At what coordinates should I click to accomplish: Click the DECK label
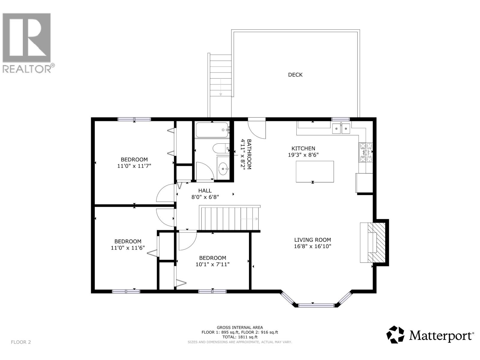(295, 75)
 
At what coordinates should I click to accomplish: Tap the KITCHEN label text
(303, 148)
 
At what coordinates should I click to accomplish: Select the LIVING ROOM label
(312, 240)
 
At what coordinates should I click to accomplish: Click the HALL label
(205, 190)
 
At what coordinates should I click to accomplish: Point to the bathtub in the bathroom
(212, 130)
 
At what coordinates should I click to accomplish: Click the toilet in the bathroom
(221, 148)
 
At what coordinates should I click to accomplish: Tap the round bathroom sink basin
(223, 169)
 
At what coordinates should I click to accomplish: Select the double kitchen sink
(341, 128)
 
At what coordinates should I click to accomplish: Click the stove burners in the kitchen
(366, 152)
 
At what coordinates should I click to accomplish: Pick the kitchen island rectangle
(315, 172)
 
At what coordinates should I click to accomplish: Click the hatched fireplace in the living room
(376, 243)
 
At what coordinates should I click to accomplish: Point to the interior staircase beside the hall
(229, 218)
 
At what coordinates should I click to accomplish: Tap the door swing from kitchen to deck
(257, 129)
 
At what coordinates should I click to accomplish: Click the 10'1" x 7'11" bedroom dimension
(212, 265)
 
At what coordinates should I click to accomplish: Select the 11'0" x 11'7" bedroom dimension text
(134, 166)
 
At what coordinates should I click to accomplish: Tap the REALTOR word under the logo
(27, 69)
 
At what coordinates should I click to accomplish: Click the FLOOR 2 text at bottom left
(21, 342)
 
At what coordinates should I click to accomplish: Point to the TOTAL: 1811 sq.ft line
(240, 337)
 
